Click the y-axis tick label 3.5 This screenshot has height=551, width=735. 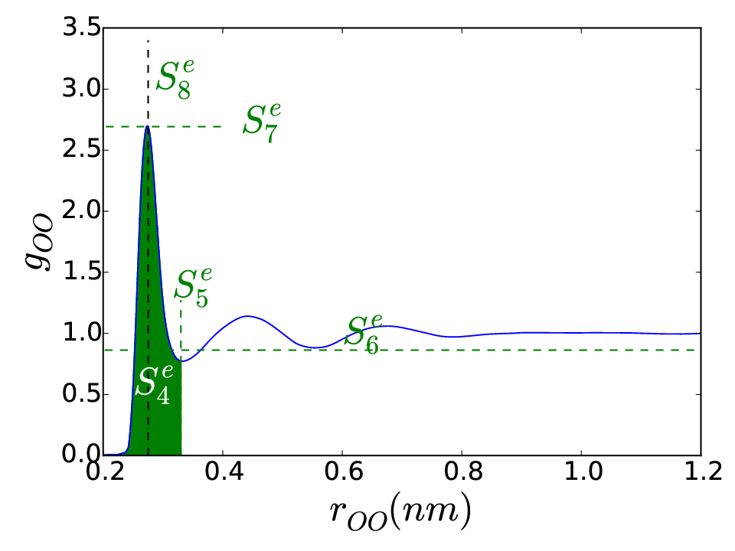pos(81,28)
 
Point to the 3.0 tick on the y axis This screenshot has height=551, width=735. pos(81,89)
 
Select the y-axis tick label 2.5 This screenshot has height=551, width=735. pos(81,150)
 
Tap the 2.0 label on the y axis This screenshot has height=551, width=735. pos(81,211)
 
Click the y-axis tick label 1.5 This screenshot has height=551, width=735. pos(81,272)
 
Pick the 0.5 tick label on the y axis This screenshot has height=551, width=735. pos(81,394)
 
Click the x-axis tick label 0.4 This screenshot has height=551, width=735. pos(224,471)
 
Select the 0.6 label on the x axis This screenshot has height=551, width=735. pos(343,471)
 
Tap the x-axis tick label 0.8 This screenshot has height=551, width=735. pos(462,471)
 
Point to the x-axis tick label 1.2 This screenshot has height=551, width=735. pos(703,471)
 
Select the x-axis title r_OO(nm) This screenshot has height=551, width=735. pos(400,512)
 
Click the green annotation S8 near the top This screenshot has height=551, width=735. pos(175,79)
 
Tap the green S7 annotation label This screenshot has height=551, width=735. pos(262,122)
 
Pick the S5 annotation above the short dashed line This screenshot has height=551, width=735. pos(193,287)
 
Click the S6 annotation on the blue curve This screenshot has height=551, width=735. pos(363,334)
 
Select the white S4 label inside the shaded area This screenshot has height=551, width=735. pos(154,384)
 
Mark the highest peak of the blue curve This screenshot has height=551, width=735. pos(148,126)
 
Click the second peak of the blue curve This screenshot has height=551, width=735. pos(247,316)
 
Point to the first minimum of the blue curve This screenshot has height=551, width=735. pos(182,360)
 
